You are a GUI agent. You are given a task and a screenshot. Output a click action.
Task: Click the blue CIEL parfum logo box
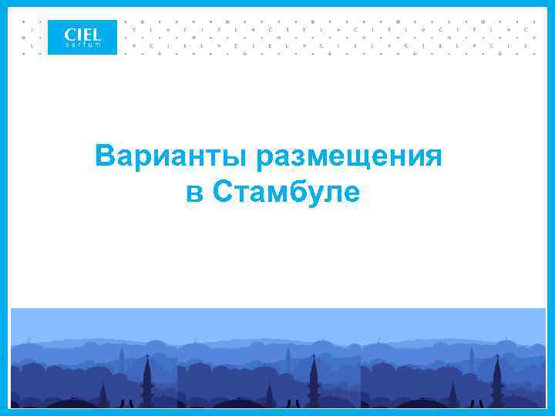coord(82,37)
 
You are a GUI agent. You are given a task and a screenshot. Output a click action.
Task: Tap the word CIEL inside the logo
coord(82,34)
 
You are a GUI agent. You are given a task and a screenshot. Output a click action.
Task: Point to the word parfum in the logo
coord(82,45)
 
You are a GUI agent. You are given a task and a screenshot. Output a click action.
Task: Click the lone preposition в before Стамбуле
coord(193,193)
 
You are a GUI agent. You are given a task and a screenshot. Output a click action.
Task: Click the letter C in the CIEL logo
coord(69,34)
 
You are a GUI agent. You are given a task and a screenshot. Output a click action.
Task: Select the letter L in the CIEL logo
coord(96,34)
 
